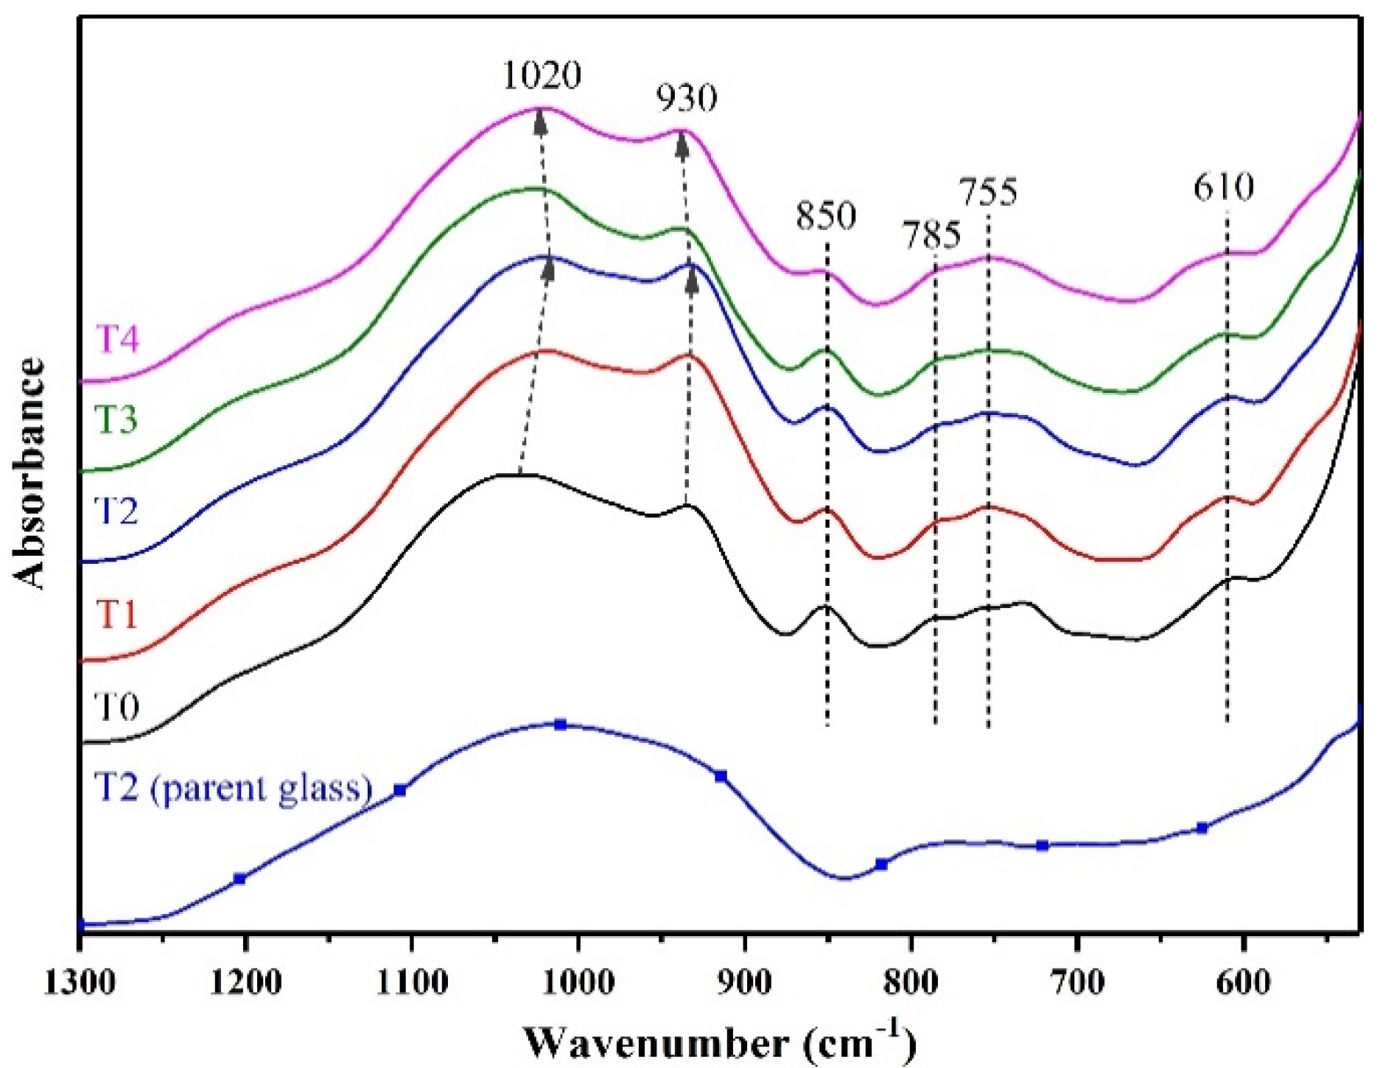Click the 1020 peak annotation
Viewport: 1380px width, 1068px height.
[x=542, y=76]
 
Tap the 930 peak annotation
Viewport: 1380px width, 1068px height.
[x=687, y=98]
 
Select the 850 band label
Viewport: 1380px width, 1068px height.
[x=826, y=217]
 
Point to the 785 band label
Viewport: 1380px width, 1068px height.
[x=931, y=237]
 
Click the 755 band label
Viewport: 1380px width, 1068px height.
[x=988, y=192]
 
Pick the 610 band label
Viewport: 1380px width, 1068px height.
[x=1223, y=188]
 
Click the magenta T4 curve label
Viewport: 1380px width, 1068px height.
[x=117, y=340]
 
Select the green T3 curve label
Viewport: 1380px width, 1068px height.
[x=117, y=421]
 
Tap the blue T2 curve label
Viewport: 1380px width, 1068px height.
[x=117, y=509]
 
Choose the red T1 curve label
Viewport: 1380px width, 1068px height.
[x=117, y=614]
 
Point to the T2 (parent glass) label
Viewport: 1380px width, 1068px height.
[x=233, y=788]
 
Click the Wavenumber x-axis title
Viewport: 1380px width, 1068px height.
[x=721, y=1042]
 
